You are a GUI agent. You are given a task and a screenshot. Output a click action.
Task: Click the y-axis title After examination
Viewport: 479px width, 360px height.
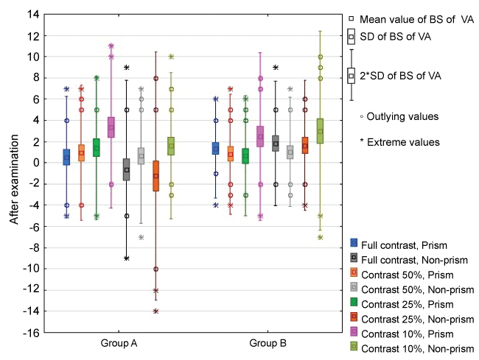(13, 173)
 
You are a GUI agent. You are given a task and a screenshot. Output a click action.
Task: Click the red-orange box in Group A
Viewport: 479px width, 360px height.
(155, 176)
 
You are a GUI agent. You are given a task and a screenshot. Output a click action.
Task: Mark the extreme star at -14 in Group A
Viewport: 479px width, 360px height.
(155, 311)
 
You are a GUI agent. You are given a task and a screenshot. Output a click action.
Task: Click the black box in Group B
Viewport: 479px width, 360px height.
(275, 143)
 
